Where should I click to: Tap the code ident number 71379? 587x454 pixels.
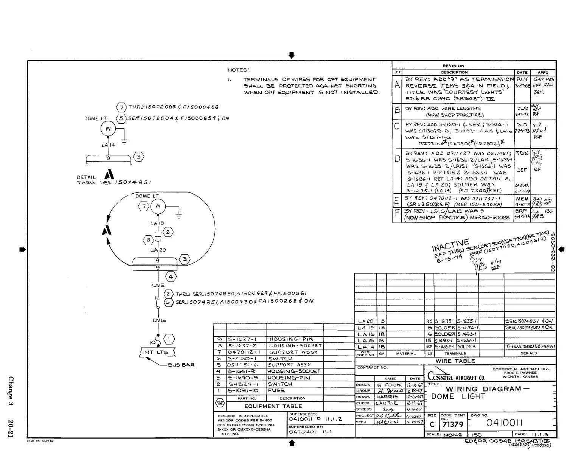pos(454,425)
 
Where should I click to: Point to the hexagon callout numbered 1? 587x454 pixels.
pos(169,339)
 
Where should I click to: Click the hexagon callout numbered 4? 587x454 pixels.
pos(171,277)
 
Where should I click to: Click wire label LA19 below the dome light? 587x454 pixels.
pos(157,223)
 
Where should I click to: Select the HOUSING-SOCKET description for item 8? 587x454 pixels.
pos(295,345)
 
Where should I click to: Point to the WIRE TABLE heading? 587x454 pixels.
pos(455,361)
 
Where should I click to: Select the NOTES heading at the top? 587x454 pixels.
pos(238,70)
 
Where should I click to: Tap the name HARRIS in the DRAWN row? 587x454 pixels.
pos(386,397)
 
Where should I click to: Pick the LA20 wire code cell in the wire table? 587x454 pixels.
pos(365,321)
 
